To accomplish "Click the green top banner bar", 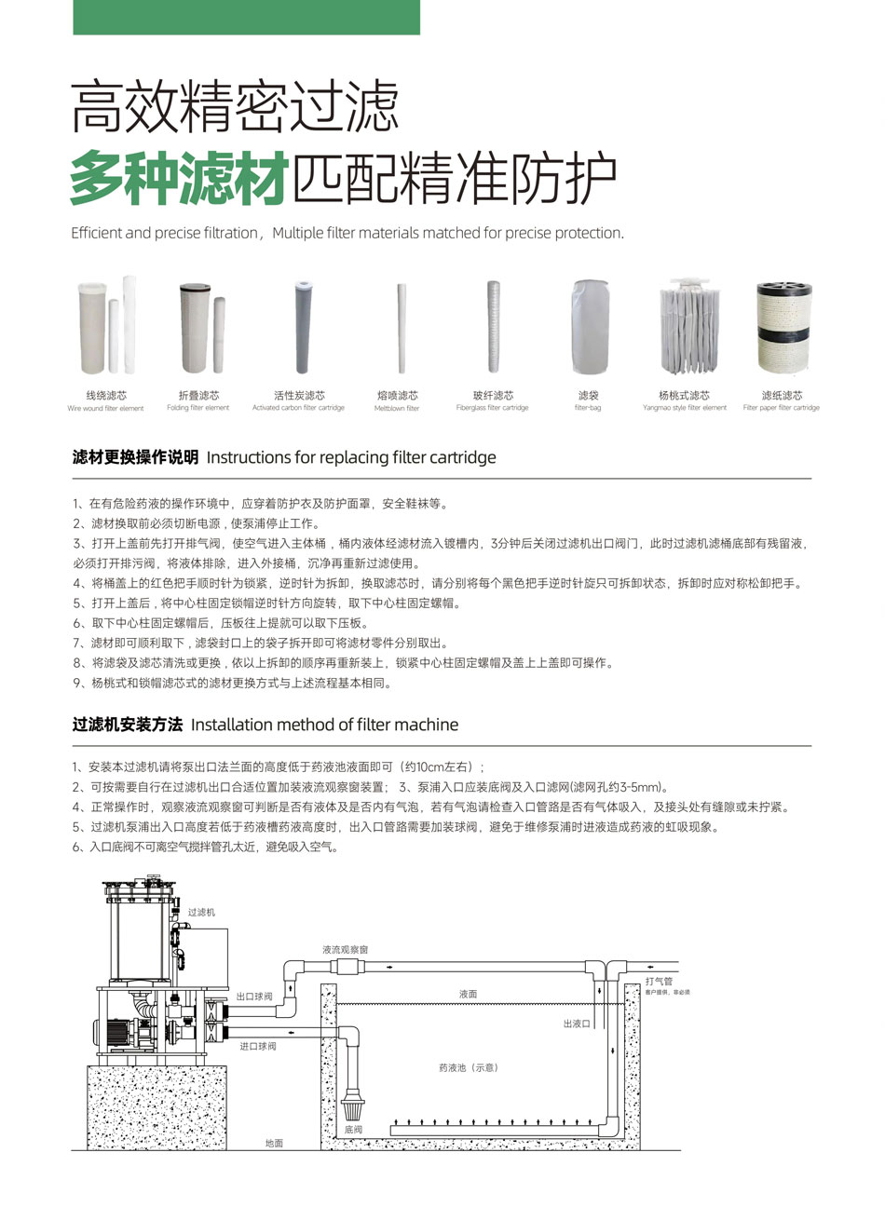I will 246,17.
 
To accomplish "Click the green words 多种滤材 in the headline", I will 177,177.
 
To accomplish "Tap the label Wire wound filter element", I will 105,408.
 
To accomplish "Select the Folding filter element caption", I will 197,408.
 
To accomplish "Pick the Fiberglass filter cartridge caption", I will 492,408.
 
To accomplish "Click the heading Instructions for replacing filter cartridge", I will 350,457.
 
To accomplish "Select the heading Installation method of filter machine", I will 324,725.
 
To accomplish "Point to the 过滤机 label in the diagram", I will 201,912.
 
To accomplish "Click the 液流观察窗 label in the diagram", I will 345,949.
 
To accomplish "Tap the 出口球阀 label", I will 254,997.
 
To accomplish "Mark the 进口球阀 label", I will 257,1047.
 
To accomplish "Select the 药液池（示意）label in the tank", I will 468,1067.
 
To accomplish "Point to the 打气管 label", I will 659,982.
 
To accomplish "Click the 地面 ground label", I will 274,1143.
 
